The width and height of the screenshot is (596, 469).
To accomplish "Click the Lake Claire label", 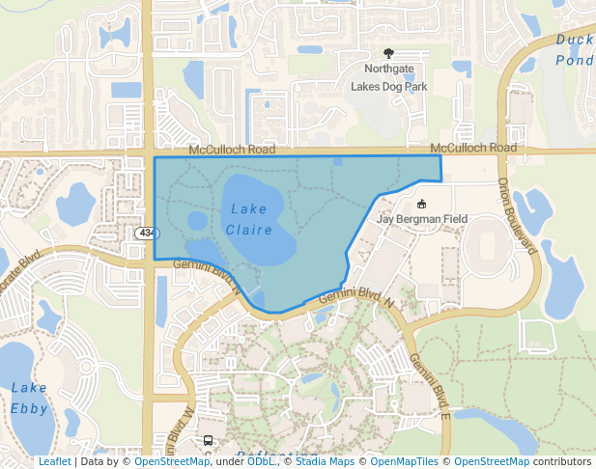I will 249,219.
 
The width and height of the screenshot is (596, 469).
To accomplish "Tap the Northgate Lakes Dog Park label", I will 388,77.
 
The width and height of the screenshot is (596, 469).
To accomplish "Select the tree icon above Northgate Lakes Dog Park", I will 389,54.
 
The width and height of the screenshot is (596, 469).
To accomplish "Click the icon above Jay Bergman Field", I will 421,204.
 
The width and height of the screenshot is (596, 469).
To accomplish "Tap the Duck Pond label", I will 575,49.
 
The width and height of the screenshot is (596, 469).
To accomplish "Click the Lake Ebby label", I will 29,398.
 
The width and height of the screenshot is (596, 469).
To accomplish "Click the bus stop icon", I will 208,441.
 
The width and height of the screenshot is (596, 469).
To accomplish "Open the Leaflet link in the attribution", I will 54,462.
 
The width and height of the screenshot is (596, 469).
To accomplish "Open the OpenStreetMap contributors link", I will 523,462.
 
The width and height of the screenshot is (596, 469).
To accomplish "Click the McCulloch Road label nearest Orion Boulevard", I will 473,148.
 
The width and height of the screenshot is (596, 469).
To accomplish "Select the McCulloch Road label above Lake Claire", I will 232,150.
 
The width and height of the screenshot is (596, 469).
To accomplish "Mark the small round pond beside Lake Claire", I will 197,220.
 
